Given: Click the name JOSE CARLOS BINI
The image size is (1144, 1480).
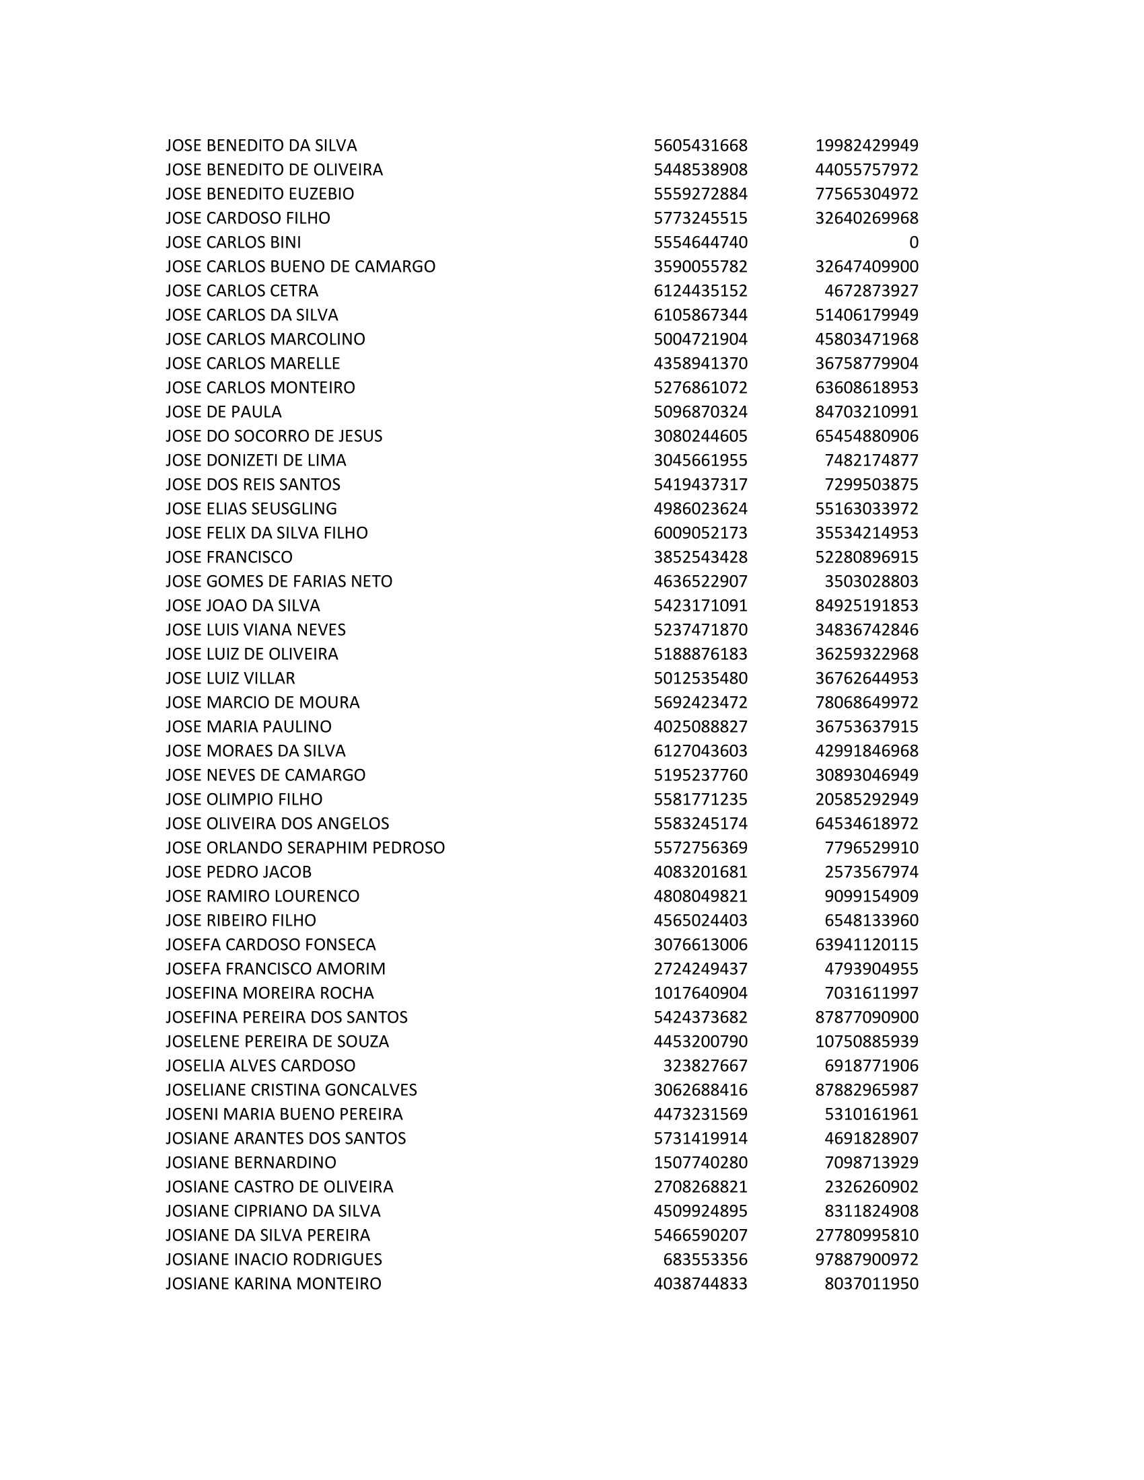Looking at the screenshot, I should coord(233,242).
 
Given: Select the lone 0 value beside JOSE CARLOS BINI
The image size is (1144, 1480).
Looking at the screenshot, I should coord(914,242).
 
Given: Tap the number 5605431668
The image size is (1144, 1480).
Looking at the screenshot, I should coord(700,145).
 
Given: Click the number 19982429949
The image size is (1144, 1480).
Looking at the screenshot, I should coord(866,145).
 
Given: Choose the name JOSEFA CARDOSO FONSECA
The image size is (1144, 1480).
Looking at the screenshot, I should coord(271,944).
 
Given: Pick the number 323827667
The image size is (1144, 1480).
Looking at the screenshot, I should coord(705,1066).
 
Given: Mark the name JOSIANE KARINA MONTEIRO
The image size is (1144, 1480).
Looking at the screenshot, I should coord(273,1284).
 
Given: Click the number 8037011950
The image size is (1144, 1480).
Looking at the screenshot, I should coord(871,1284).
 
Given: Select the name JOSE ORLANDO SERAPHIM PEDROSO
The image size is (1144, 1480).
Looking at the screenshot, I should coord(305,847).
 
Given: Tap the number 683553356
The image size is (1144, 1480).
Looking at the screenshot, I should coord(705,1259).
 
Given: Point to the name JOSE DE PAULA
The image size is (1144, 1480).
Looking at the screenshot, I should coord(223,411).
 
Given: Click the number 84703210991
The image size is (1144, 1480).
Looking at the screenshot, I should coord(866,411).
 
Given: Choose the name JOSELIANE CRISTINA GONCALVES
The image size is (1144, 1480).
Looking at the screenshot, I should coord(291,1090).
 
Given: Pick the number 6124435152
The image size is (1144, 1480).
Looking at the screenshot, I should coord(700,291).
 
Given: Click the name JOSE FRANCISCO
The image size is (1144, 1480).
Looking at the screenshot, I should coord(229,557).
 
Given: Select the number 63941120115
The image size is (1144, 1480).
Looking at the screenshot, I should coord(866,944).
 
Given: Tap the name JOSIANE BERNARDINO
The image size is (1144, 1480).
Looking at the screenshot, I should coord(251,1162).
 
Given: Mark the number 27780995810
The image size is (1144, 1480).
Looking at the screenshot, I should coord(866,1234).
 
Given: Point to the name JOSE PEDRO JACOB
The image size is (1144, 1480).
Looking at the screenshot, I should coord(239,871).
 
